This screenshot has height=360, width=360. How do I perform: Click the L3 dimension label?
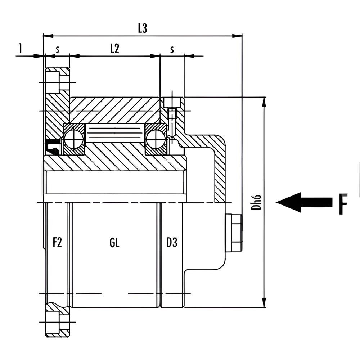pyautogui.click(x=142, y=28)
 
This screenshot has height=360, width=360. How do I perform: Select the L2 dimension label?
pyautogui.click(x=114, y=49)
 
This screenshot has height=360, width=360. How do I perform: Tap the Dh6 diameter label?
pyautogui.click(x=256, y=202)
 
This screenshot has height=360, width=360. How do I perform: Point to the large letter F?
pyautogui.click(x=343, y=204)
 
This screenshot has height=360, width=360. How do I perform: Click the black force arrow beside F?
pyautogui.click(x=304, y=202)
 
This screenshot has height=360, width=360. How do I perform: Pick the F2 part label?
pyautogui.click(x=57, y=242)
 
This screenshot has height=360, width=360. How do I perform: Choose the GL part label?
pyautogui.click(x=114, y=243)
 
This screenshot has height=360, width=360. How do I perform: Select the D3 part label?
pyautogui.click(x=172, y=242)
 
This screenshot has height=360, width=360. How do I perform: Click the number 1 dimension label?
pyautogui.click(x=21, y=49)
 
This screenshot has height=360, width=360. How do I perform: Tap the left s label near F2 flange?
pyautogui.click(x=57, y=49)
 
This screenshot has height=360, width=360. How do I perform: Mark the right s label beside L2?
pyautogui.click(x=172, y=49)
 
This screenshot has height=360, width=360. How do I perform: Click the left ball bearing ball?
pyautogui.click(x=73, y=139)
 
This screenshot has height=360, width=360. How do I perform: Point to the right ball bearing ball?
pyautogui.click(x=156, y=139)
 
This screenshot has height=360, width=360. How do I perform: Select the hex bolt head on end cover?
pyautogui.click(x=234, y=232)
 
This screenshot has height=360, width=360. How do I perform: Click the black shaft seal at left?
pyautogui.click(x=52, y=147)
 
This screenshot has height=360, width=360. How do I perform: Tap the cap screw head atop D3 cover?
pyautogui.click(x=172, y=103)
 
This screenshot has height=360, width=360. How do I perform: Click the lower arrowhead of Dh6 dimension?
pyautogui.click(x=264, y=302)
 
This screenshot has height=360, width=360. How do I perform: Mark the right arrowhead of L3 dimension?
pyautogui.click(x=237, y=36)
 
